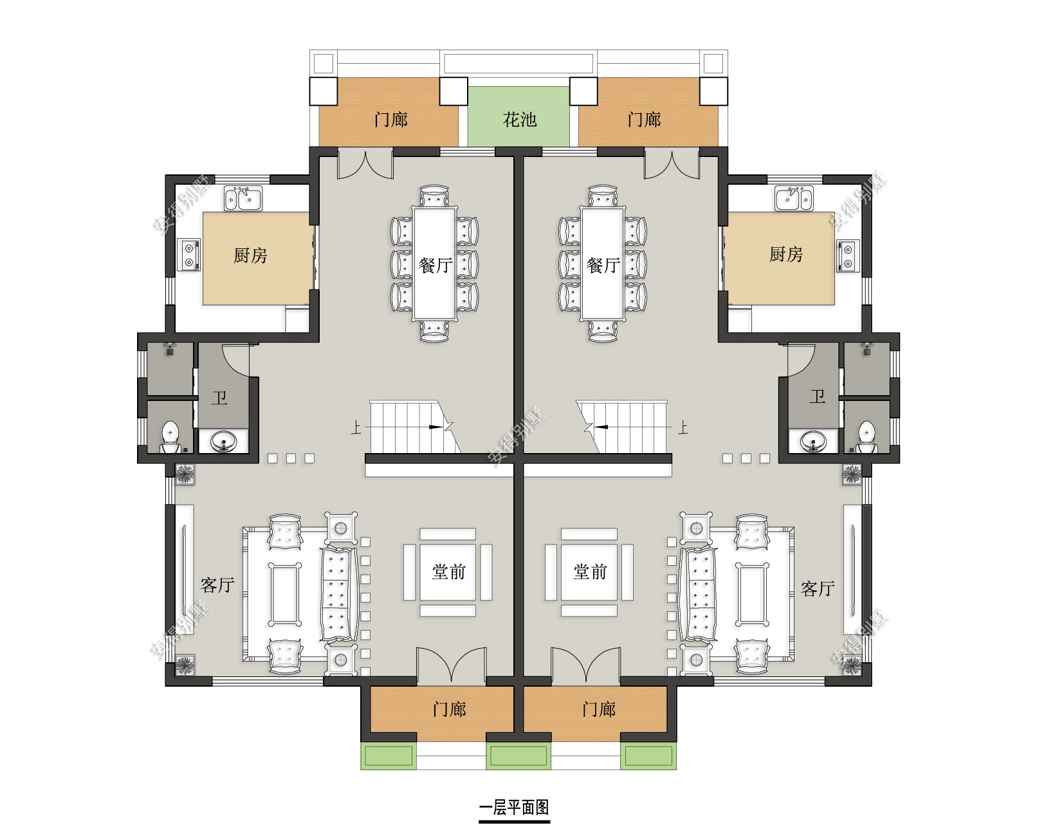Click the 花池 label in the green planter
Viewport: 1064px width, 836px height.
(x=520, y=120)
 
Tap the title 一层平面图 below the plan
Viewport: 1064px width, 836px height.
(x=514, y=807)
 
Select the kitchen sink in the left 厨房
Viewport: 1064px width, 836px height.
(x=243, y=198)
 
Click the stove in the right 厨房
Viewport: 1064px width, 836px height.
(x=848, y=255)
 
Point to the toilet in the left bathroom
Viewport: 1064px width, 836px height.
(x=170, y=437)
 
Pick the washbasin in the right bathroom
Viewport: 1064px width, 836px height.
(x=813, y=441)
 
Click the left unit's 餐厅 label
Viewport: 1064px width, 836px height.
(x=436, y=265)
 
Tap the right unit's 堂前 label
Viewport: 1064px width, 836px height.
(x=590, y=572)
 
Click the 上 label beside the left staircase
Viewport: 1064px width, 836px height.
(x=356, y=427)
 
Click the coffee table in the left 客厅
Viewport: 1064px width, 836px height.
(x=285, y=595)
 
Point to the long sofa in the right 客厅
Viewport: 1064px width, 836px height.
(x=700, y=595)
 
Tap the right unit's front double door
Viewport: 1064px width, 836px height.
(x=585, y=664)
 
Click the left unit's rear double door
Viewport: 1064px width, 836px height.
(x=365, y=165)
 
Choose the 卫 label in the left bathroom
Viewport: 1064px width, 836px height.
(x=219, y=398)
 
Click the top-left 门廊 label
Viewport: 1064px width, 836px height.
(x=390, y=120)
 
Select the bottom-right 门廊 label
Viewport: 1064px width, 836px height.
(x=599, y=709)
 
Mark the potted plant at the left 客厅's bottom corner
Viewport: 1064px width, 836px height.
(x=185, y=665)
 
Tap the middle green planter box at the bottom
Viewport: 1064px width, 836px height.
(x=518, y=756)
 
